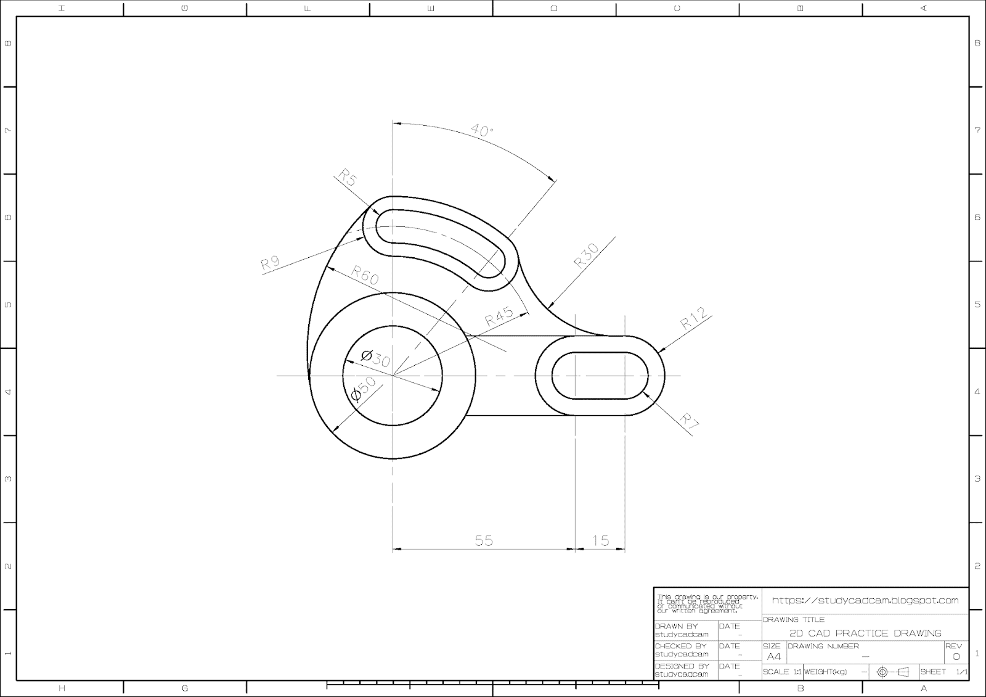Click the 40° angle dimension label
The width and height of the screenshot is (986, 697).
coord(482,131)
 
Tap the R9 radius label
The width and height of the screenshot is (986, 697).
coord(271,263)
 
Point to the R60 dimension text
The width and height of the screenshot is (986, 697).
coord(365,275)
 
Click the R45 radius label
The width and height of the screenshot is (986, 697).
coord(499,316)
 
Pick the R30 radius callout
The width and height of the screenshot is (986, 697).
coord(586,255)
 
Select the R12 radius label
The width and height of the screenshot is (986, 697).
coord(694,318)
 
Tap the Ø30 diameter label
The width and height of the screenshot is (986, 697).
coord(375,358)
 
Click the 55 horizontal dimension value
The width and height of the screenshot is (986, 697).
coord(484,540)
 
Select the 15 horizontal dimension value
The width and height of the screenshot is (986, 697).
coord(600,540)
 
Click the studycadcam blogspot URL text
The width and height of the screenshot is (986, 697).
coord(865,600)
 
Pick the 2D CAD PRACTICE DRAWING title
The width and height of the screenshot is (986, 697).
coord(865,633)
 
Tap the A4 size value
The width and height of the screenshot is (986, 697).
coord(773,656)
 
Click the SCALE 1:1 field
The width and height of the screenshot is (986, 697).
coord(782,672)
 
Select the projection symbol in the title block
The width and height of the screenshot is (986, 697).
coord(893,672)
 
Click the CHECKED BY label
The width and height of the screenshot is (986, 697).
coord(680,646)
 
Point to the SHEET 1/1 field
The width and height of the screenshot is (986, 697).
coord(943,672)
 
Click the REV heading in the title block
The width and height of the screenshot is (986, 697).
coord(953,646)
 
